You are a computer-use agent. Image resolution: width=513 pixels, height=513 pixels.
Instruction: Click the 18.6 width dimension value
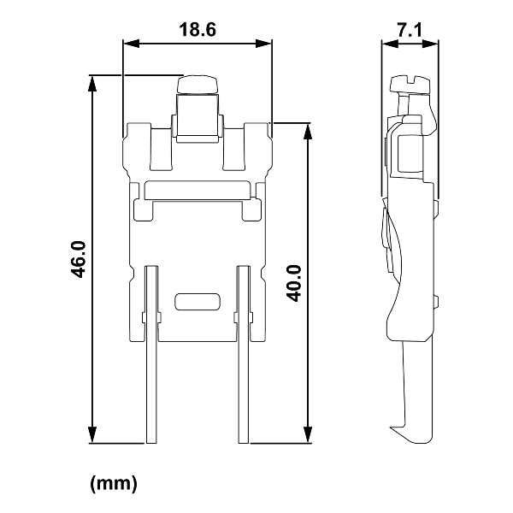pos(197,28)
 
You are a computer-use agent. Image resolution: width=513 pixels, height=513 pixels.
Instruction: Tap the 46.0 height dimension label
pos(78,259)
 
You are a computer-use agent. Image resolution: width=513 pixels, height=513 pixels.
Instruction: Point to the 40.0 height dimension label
pos(293,282)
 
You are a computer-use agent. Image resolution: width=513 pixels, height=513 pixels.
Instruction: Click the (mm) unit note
pos(114,484)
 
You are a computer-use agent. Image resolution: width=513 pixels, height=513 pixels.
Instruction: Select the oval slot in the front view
pos(197,302)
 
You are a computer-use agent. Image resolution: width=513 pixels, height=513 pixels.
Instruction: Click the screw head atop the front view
pos(198,83)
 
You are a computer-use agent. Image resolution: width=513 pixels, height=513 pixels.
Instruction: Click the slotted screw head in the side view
pos(410,83)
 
